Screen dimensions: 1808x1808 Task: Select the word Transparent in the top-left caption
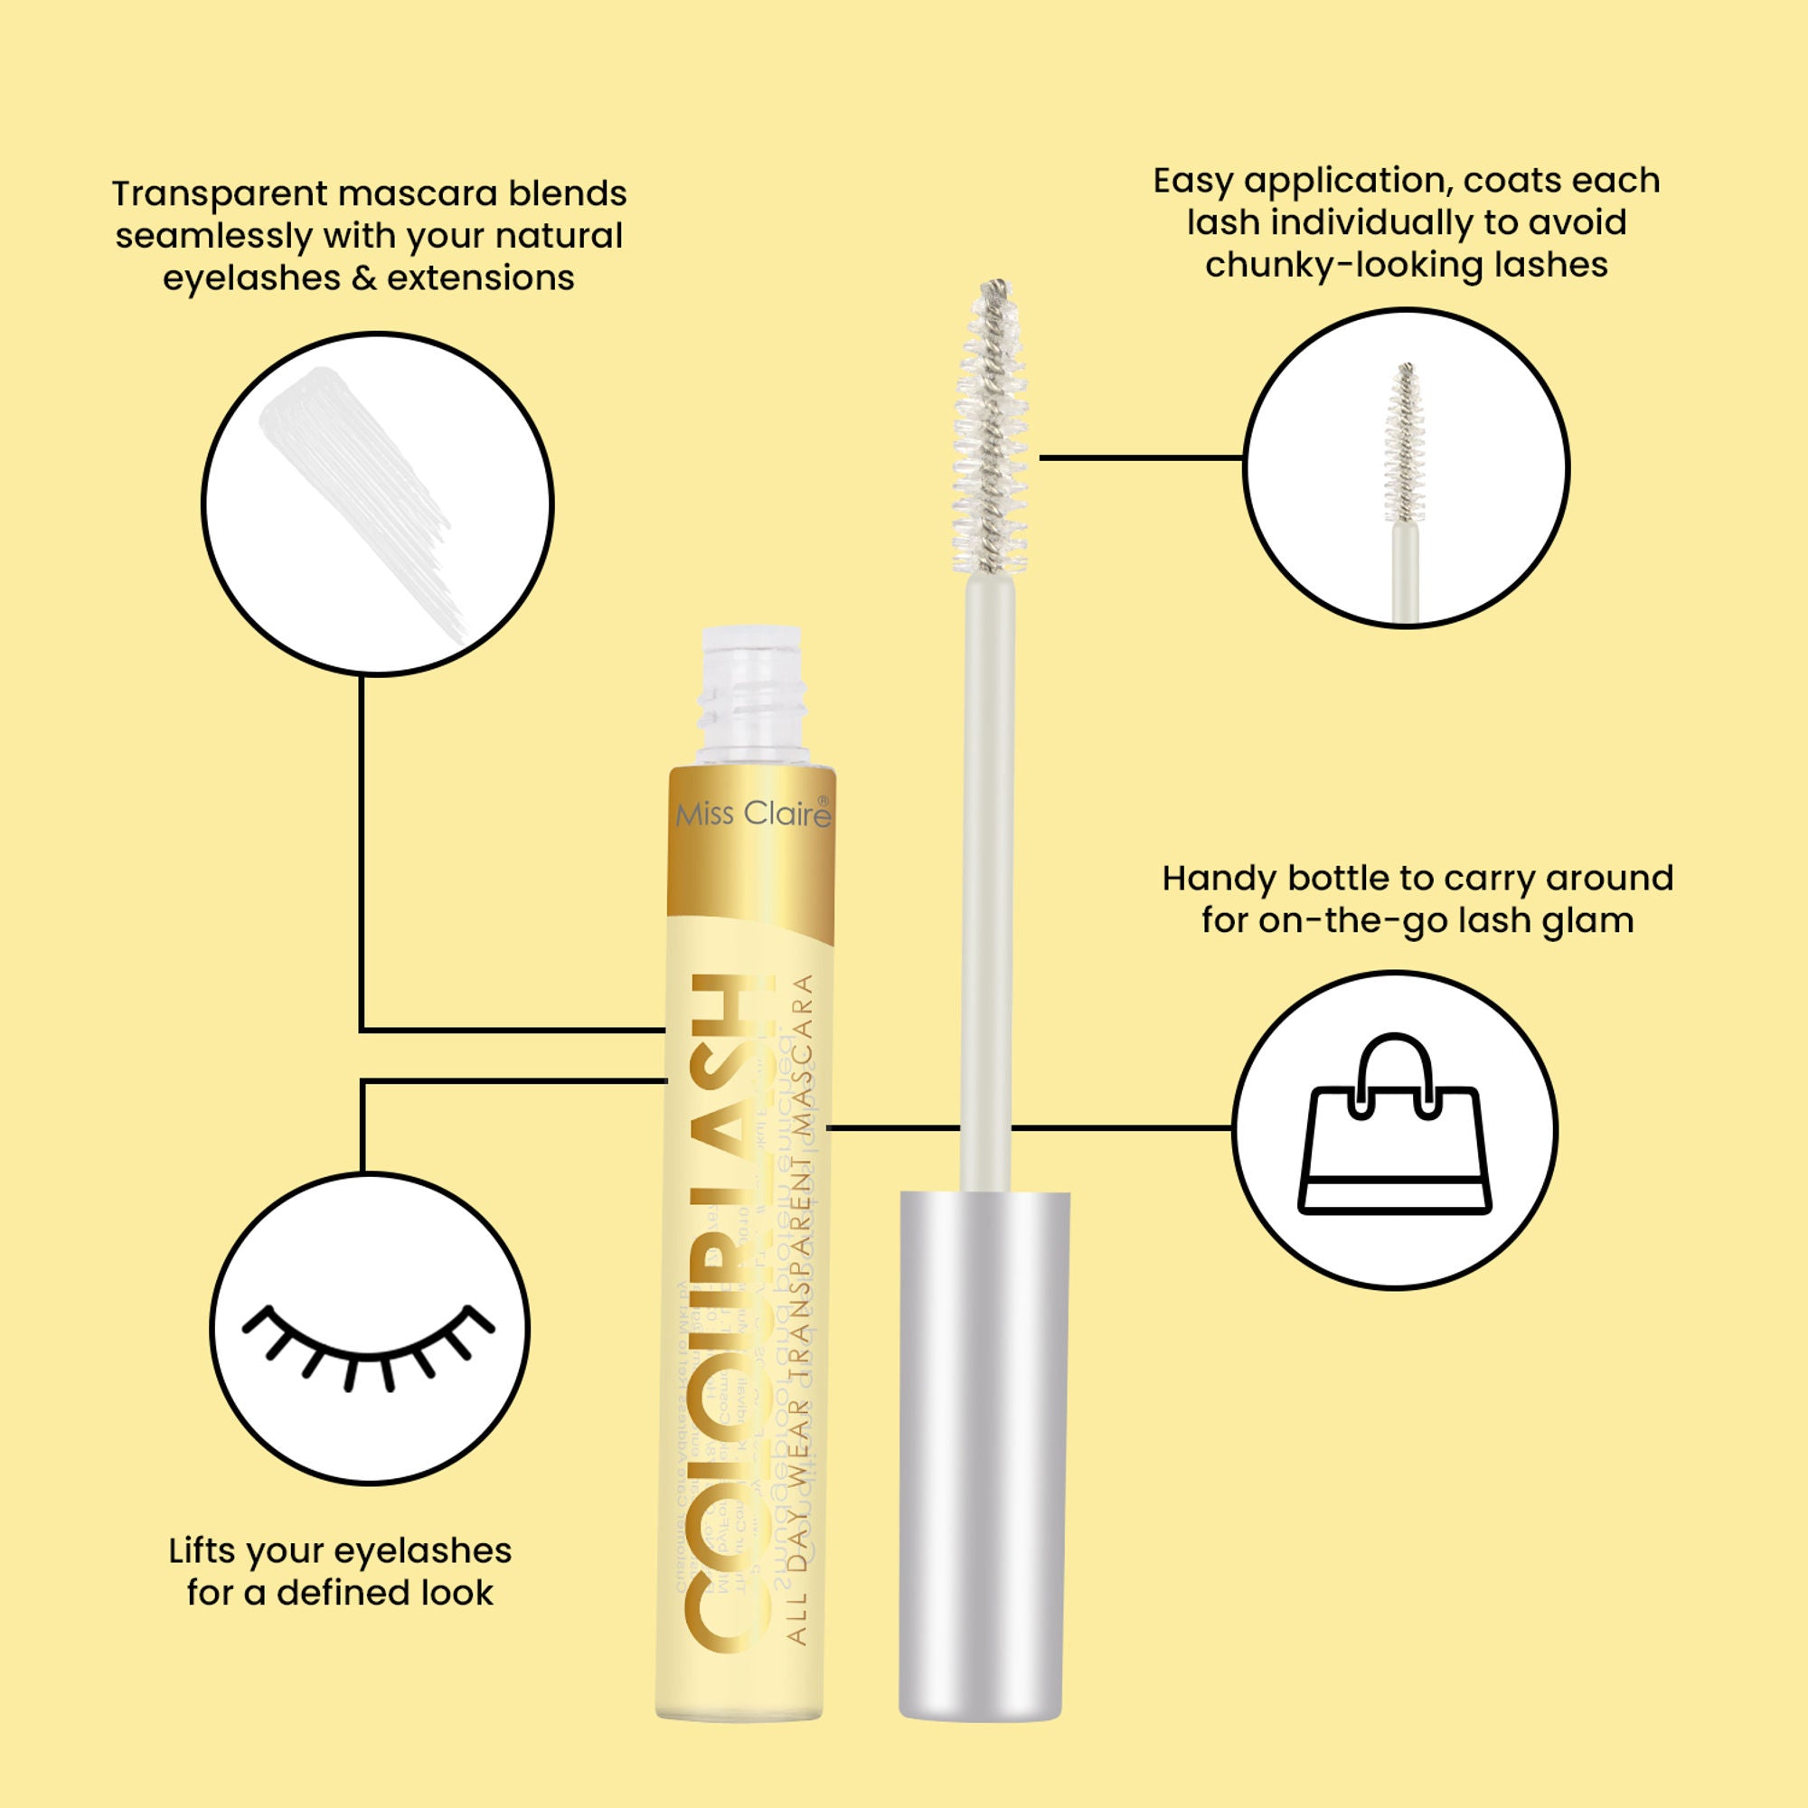click(x=219, y=193)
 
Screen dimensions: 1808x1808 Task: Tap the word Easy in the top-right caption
click(x=1191, y=181)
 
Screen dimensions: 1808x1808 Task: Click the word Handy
click(x=1219, y=878)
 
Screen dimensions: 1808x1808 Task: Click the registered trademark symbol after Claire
click(x=823, y=801)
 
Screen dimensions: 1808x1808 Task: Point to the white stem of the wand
click(x=988, y=880)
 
